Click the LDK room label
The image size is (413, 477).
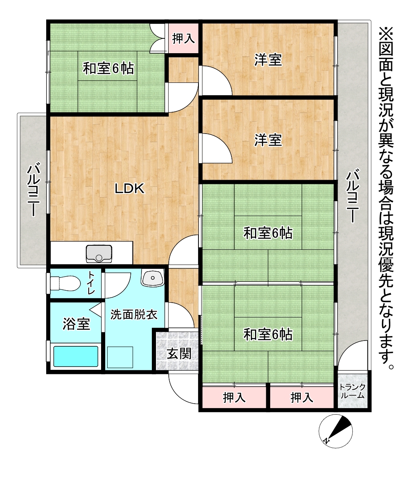click(130, 189)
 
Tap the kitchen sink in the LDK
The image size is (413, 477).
click(99, 254)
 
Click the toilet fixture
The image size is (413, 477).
click(64, 283)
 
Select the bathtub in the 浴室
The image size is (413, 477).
click(76, 356)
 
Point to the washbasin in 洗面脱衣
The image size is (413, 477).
click(153, 278)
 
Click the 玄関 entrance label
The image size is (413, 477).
click(179, 354)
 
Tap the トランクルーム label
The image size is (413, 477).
click(352, 391)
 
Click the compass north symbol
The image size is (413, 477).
click(336, 432)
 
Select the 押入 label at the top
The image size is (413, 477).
click(183, 39)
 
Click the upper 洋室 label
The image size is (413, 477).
click(268, 60)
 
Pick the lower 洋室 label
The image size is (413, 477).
click(268, 140)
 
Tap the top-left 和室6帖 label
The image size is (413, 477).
click(109, 68)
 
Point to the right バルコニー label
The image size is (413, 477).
click(352, 197)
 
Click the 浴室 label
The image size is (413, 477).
click(76, 324)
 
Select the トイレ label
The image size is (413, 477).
click(92, 283)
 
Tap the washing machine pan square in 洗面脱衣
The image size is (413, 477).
click(120, 357)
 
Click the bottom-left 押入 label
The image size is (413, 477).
click(234, 397)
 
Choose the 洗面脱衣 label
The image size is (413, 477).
click(134, 314)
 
